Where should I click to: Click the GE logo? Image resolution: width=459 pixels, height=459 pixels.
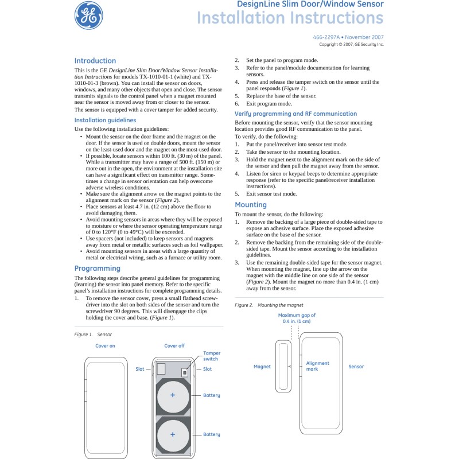tap(89, 15)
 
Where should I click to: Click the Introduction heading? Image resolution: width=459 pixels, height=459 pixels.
tap(95, 61)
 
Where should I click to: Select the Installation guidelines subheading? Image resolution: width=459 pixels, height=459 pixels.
tap(105, 120)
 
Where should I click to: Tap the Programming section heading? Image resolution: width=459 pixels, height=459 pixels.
tap(98, 269)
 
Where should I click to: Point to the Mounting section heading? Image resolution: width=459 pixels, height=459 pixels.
tap(251, 205)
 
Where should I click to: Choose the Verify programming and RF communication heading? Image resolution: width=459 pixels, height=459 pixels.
tap(295, 114)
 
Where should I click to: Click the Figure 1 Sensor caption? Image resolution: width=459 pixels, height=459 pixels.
tap(93, 334)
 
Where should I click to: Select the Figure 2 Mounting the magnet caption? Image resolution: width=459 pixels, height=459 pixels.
tap(269, 305)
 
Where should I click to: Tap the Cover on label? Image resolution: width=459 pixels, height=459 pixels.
tap(105, 346)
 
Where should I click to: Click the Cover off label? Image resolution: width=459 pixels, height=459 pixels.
tap(174, 346)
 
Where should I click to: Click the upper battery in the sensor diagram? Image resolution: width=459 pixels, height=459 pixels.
tap(172, 396)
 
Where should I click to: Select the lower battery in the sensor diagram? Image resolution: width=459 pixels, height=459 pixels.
tap(172, 434)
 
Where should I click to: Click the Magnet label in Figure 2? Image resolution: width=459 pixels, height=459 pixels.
tap(262, 367)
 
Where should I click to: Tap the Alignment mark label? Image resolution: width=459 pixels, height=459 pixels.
tap(317, 366)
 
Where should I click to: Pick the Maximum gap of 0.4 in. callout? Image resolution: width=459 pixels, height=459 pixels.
tap(297, 318)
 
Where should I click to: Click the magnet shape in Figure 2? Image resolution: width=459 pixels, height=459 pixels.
tap(283, 366)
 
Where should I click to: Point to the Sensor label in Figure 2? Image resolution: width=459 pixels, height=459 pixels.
tap(356, 367)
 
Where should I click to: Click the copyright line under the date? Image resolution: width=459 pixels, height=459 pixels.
tap(351, 44)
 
